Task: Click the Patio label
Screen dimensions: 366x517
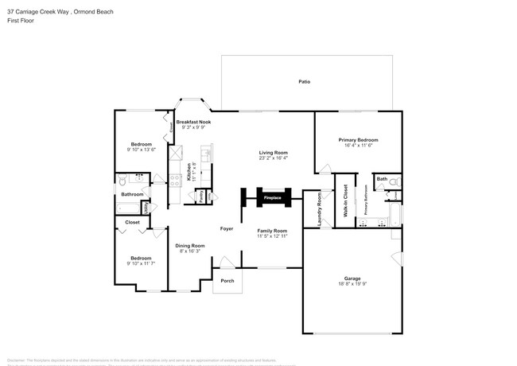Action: click(x=304, y=82)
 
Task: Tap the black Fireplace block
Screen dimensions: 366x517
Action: click(x=273, y=197)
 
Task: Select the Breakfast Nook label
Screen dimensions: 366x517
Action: click(x=193, y=122)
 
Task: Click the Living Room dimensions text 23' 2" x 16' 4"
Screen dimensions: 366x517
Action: click(x=273, y=158)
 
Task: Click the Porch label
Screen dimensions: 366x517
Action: click(x=227, y=280)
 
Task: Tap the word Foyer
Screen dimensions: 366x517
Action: click(x=227, y=228)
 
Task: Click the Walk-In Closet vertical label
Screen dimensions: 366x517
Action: click(x=345, y=201)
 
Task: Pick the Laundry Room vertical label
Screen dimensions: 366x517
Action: click(x=319, y=209)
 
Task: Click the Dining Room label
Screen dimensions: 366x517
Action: click(x=190, y=246)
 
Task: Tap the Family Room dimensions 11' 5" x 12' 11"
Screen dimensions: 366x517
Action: click(x=273, y=236)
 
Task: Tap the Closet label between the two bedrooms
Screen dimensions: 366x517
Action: click(x=133, y=222)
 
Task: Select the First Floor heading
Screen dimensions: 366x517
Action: click(x=20, y=21)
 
